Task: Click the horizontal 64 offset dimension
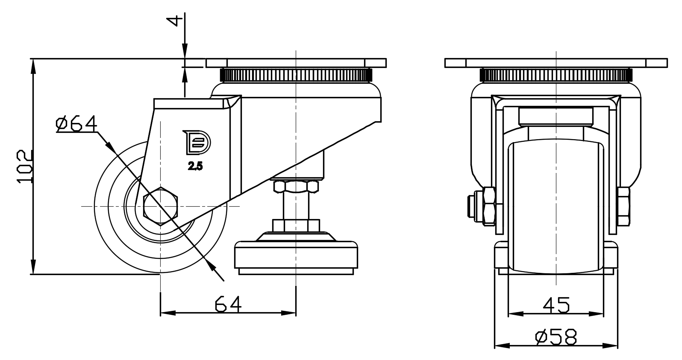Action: pos(228,304)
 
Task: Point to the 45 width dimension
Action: pos(556,305)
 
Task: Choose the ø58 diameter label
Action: pos(556,337)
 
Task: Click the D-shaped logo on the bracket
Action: pos(197,142)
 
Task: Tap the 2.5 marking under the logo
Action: pos(195,167)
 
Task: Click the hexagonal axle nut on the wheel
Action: pos(161,206)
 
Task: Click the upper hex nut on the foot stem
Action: pos(296,186)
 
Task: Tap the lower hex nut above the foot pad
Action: pos(296,225)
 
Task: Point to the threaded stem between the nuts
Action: pos(296,206)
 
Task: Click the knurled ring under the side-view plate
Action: pos(296,76)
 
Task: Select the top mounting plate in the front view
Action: pos(556,63)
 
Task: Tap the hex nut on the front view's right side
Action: pos(623,206)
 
